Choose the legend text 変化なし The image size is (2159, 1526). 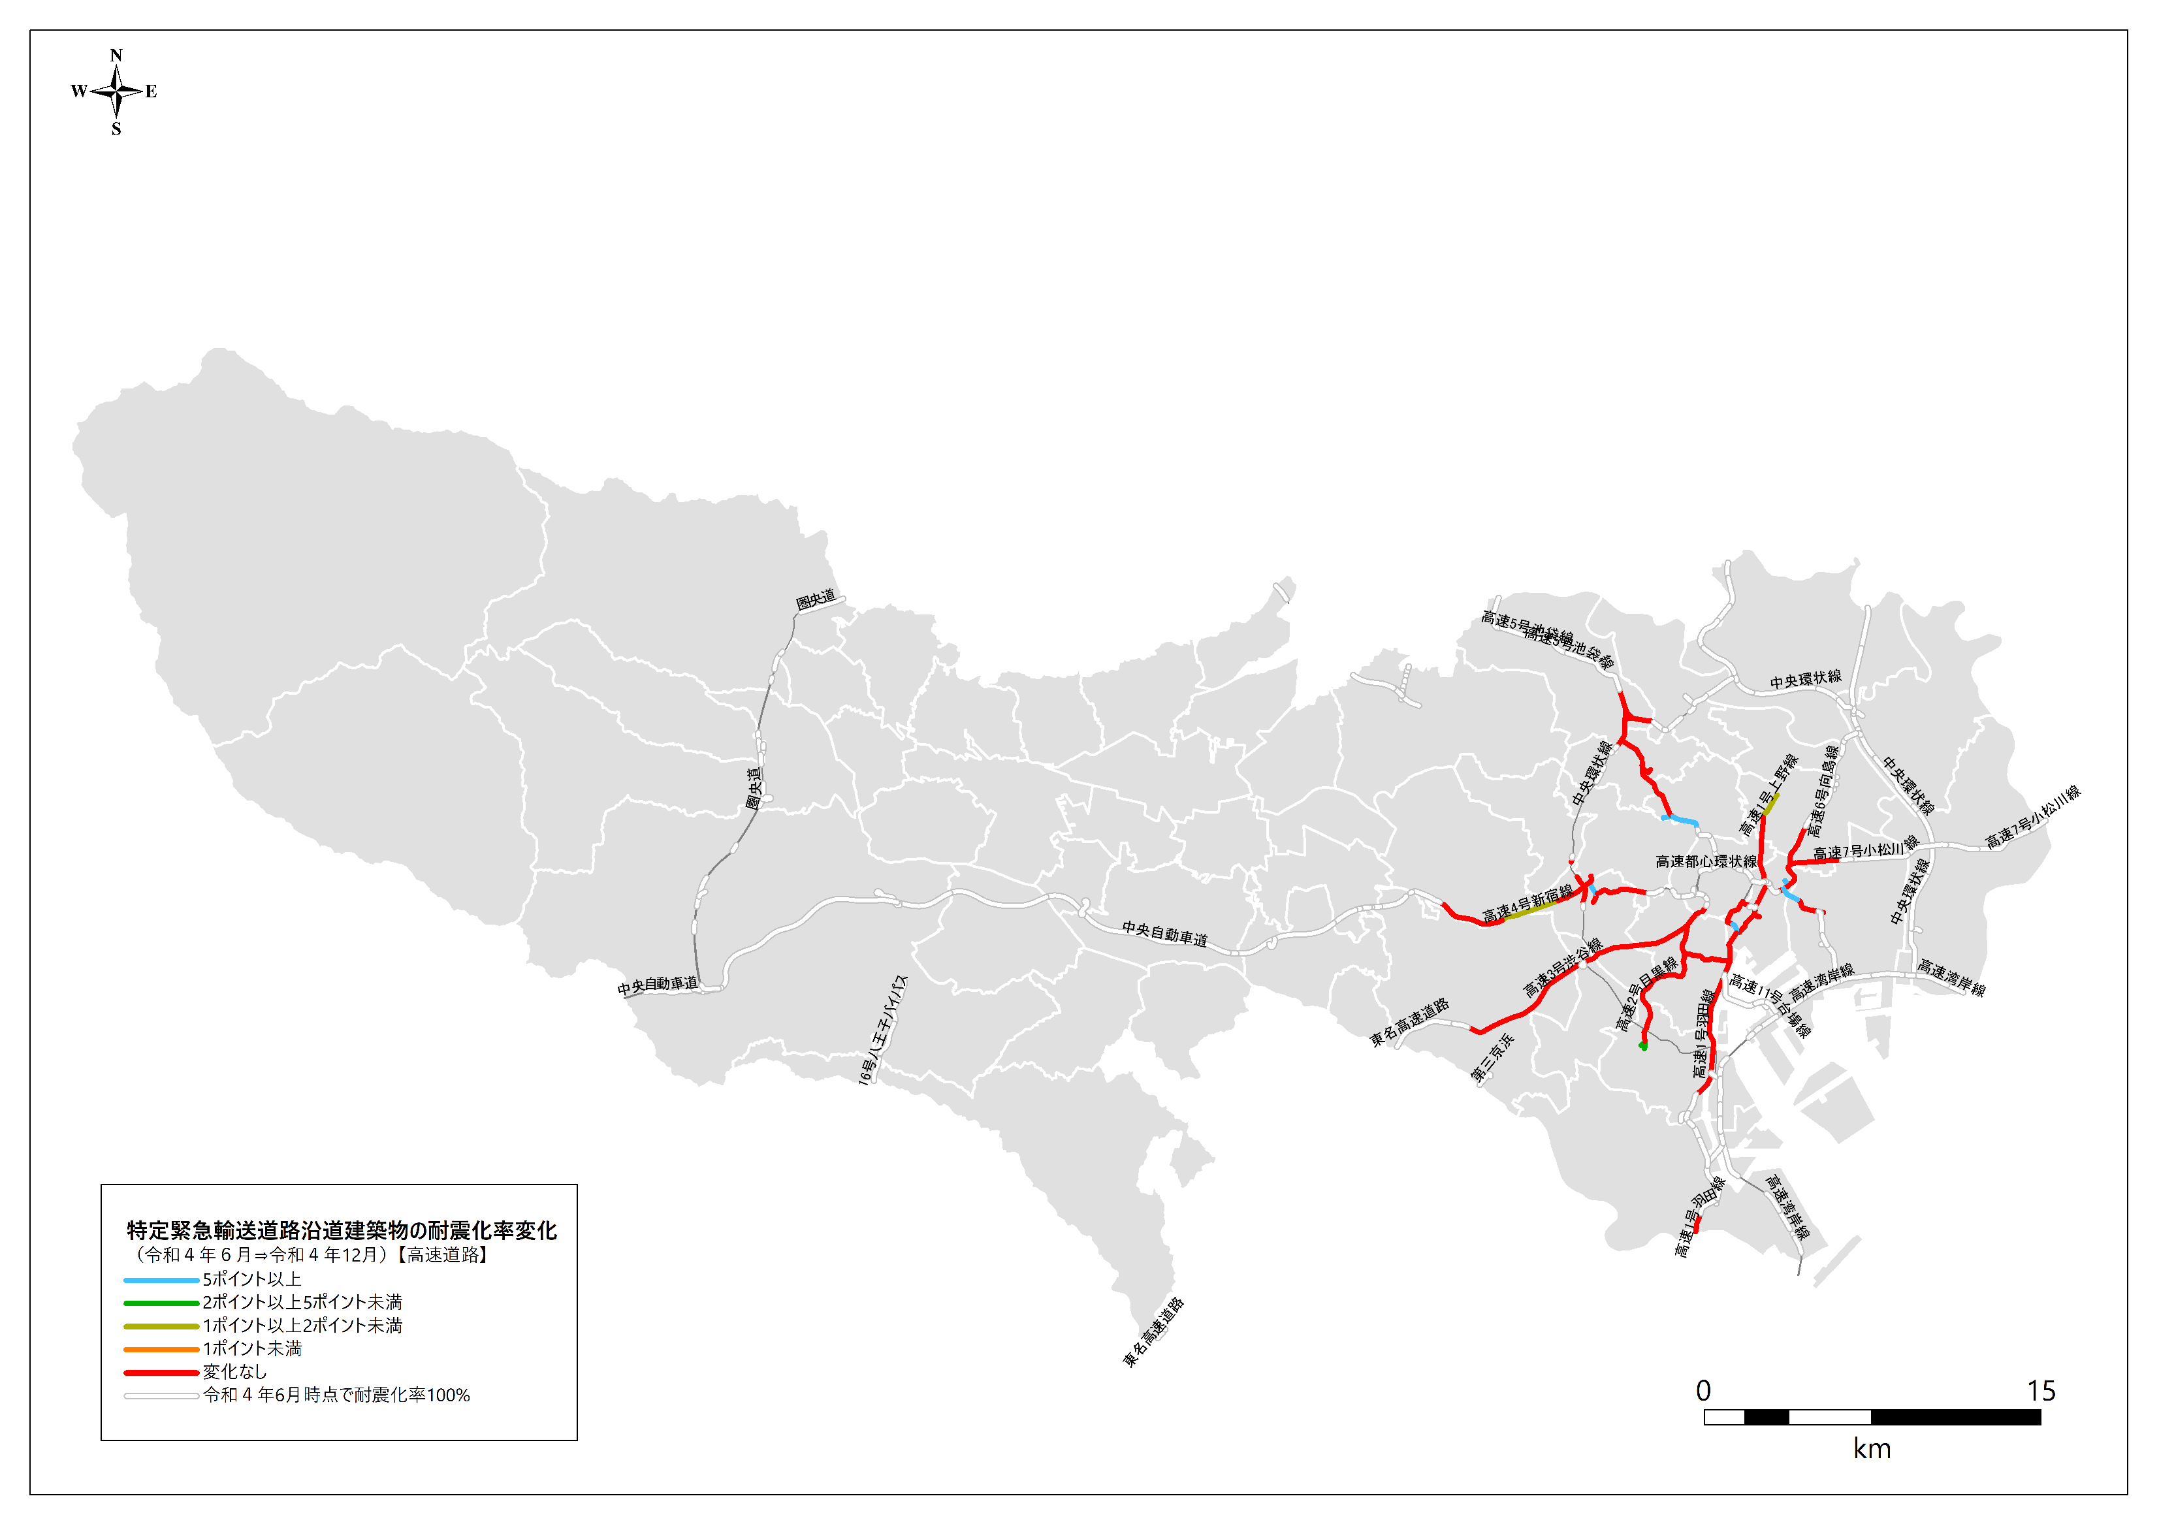tap(234, 1372)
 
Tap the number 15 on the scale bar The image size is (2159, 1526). tap(2041, 1391)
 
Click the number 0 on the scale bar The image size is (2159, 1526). tap(1703, 1391)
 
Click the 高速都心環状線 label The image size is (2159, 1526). tap(1706, 861)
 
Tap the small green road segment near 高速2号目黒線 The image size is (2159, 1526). tap(1642, 1045)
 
